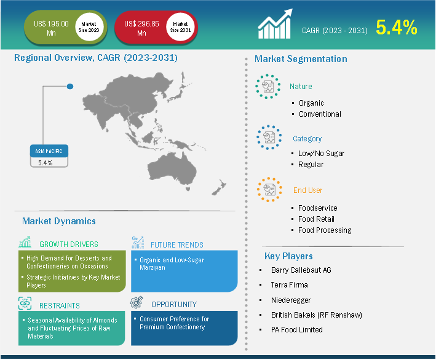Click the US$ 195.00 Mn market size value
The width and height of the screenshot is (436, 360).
pyautogui.click(x=51, y=28)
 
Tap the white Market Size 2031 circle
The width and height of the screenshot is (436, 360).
pyautogui.click(x=180, y=27)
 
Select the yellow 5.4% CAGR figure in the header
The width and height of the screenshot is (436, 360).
pyautogui.click(x=397, y=28)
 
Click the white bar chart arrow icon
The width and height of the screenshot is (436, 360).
pyautogui.click(x=275, y=24)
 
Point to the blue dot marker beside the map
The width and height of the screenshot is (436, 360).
pyautogui.click(x=70, y=87)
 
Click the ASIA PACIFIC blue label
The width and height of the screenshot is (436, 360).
pyautogui.click(x=49, y=151)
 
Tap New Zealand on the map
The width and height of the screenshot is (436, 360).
pyautogui.click(x=220, y=187)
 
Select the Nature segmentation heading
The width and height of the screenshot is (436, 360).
pyautogui.click(x=301, y=87)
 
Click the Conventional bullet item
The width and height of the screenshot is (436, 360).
pyautogui.click(x=320, y=114)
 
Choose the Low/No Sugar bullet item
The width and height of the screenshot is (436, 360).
pyautogui.click(x=321, y=154)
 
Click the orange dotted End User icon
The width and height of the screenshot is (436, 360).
pyautogui.click(x=269, y=190)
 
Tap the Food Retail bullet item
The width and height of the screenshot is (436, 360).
pyautogui.click(x=316, y=219)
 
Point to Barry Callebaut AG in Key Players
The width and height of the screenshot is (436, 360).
pyautogui.click(x=301, y=270)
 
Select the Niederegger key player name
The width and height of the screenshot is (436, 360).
pyautogui.click(x=291, y=300)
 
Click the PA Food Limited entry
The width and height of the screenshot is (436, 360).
pyautogui.click(x=296, y=330)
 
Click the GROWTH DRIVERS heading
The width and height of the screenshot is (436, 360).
pyautogui.click(x=69, y=244)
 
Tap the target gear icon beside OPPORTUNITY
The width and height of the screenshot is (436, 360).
pyautogui.click(x=137, y=302)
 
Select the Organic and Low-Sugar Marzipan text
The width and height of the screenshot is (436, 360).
pyautogui.click(x=172, y=264)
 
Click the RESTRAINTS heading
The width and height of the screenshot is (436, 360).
pyautogui.click(x=60, y=306)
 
